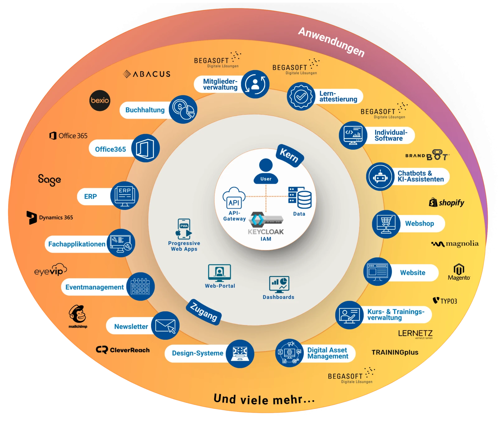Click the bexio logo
[100, 100]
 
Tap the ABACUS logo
[147, 74]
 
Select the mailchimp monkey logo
[78, 315]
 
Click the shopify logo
[447, 203]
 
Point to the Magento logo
[459, 272]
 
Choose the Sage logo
[49, 180]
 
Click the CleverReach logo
[123, 350]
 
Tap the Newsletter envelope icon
[165, 325]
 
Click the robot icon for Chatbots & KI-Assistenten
[380, 177]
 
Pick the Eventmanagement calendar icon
[140, 286]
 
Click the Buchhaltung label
[145, 110]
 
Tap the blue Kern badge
[289, 155]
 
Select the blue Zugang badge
[204, 312]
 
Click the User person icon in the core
[266, 170]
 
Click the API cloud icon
[234, 199]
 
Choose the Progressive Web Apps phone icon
[184, 229]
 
